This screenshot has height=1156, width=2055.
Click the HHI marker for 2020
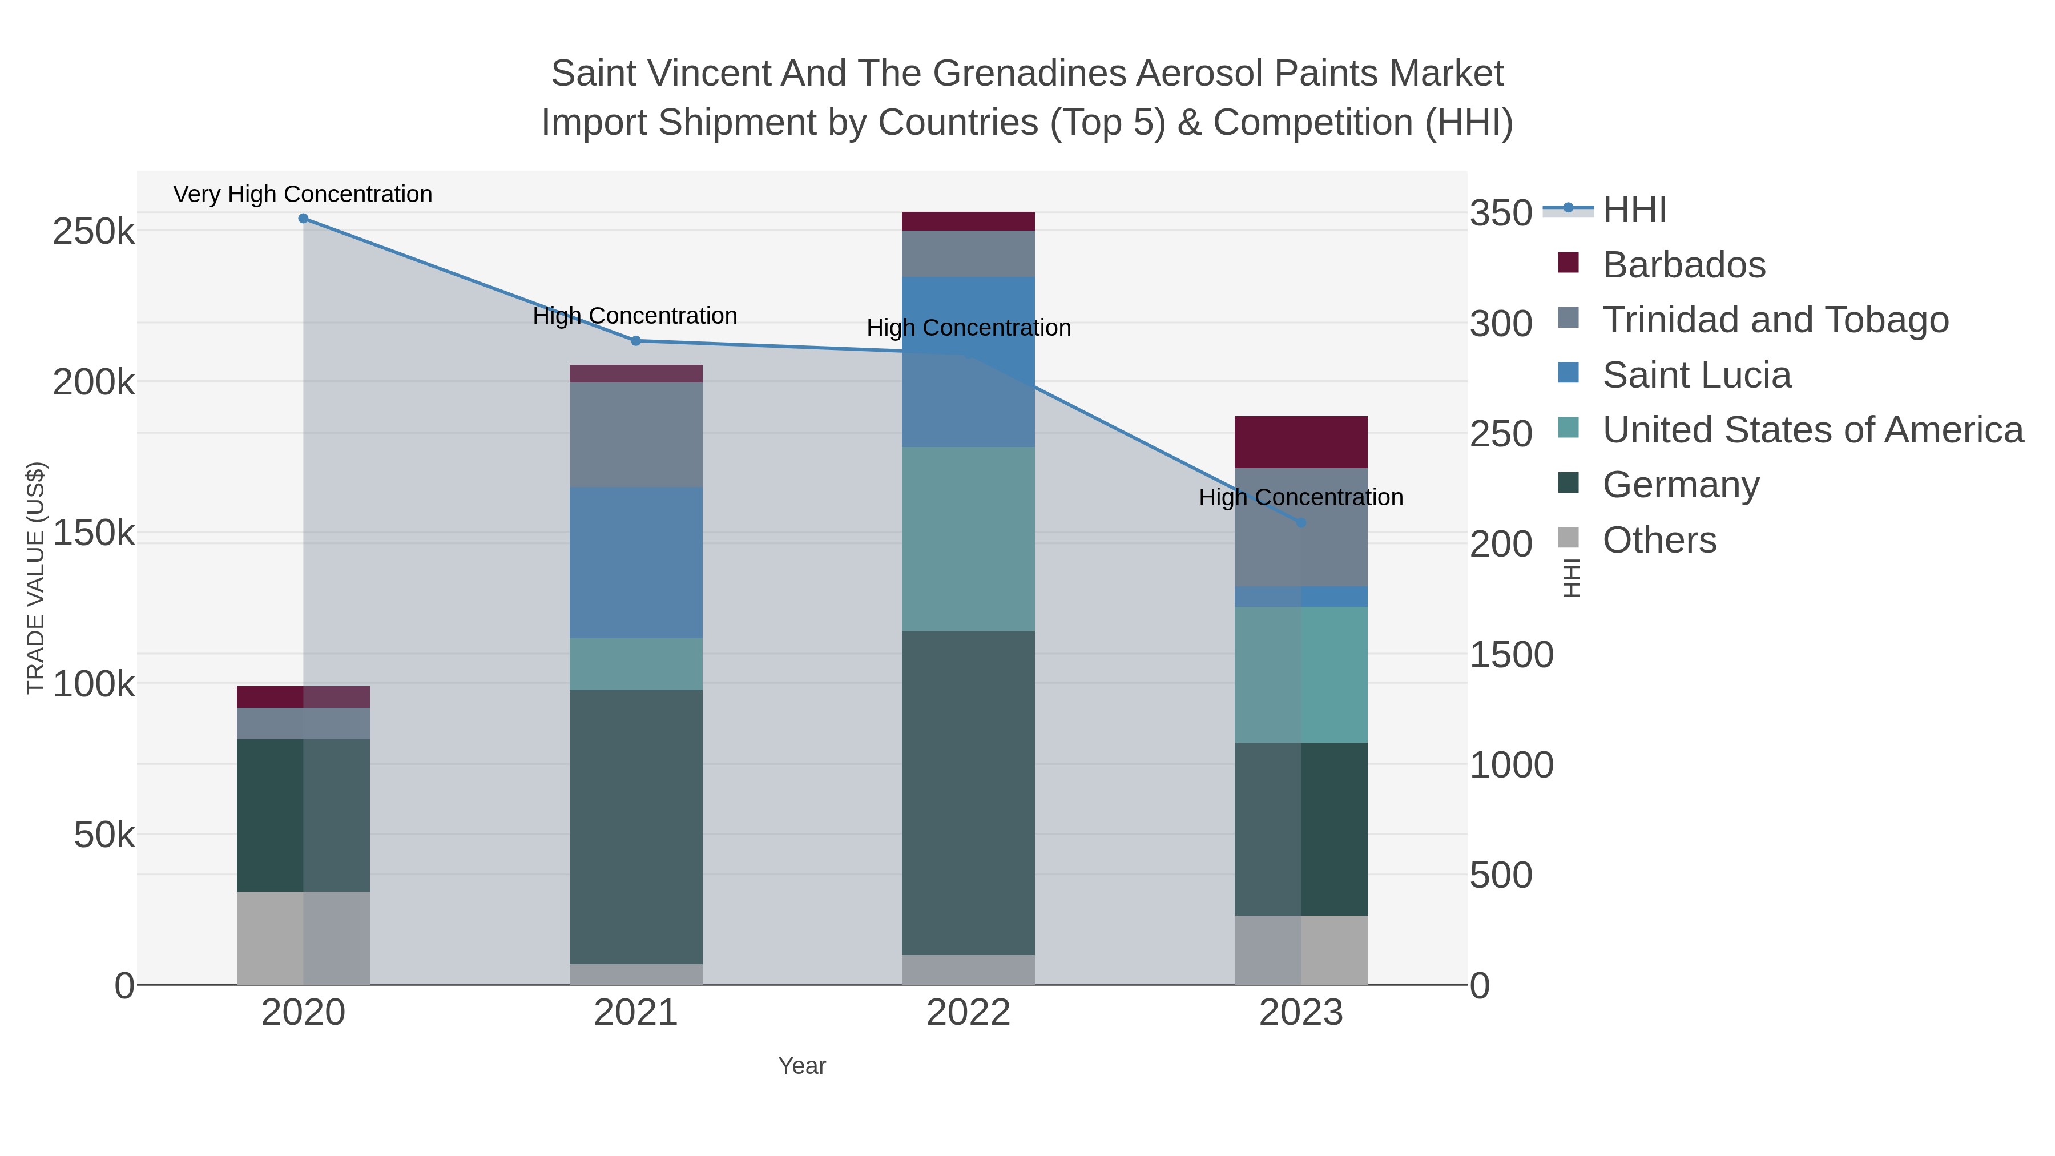pos(303,219)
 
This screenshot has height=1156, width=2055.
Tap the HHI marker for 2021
pos(636,341)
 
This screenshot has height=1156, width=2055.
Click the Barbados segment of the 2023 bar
pos(1301,442)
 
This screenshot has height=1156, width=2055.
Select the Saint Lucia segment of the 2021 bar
pos(636,562)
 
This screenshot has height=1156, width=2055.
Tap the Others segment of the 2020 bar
pos(303,937)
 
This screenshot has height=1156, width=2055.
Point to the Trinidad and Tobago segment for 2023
pos(1301,527)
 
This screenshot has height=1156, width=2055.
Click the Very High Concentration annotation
pos(303,195)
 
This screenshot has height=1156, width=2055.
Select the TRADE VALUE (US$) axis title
pos(36,578)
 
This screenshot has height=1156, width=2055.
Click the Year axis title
pos(802,1066)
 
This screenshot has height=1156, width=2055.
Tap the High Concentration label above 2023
pos(1300,498)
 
